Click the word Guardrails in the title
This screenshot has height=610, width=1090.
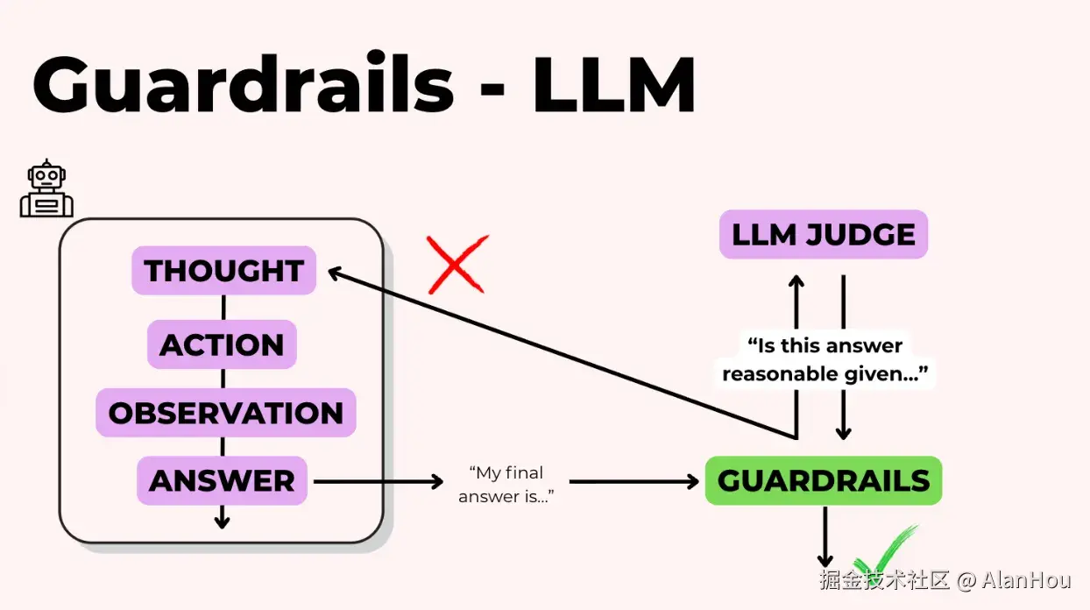click(243, 86)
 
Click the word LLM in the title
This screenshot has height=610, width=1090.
click(613, 86)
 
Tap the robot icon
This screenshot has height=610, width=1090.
click(46, 189)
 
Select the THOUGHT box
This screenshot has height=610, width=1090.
click(223, 271)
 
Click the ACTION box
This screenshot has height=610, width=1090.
click(222, 344)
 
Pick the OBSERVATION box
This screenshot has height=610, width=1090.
click(225, 413)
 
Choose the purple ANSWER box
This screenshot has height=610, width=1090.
click(222, 480)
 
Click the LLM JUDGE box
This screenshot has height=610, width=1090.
click(823, 235)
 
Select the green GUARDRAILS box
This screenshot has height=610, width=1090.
click(823, 480)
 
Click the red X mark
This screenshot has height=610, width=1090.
click(457, 264)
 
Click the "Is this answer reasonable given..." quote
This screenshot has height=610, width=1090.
click(824, 359)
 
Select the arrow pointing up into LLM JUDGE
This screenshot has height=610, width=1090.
click(796, 298)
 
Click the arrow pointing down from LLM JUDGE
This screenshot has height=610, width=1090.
click(843, 412)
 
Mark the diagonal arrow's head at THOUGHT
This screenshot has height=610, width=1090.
click(337, 273)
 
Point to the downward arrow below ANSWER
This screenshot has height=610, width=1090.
click(222, 517)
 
